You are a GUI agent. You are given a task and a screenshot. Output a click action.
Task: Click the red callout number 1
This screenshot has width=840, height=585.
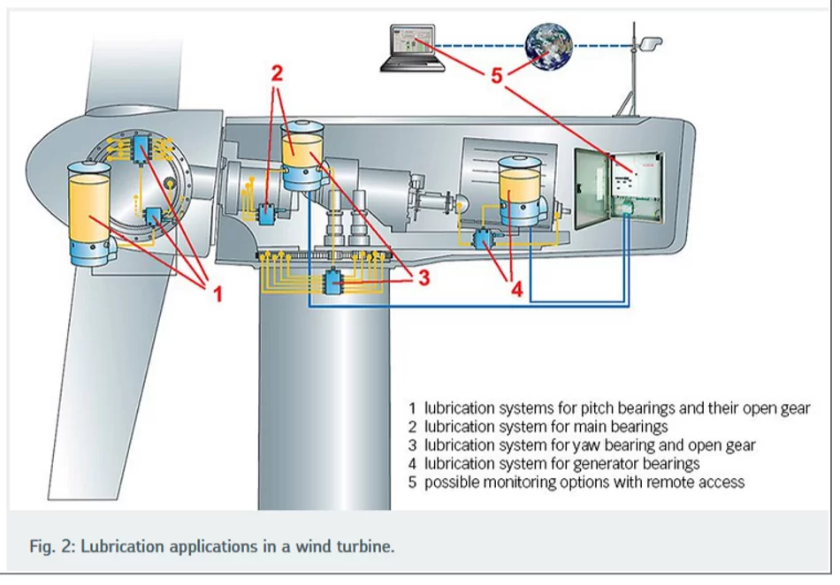coord(218,294)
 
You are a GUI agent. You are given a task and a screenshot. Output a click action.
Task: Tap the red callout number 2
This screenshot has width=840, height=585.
coord(277,73)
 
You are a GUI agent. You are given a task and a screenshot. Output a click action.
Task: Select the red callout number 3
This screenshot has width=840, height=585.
coord(424,277)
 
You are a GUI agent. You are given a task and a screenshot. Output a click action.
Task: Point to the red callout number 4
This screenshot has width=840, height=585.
coord(516,290)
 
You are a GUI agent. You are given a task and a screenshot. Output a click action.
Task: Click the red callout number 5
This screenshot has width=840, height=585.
coord(497,76)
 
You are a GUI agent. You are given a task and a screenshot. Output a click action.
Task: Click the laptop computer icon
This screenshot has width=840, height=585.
coord(413,48)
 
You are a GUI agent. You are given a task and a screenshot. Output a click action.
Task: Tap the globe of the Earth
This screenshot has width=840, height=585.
coord(548,46)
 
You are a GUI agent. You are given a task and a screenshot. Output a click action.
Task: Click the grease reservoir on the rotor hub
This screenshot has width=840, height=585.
coord(90,214)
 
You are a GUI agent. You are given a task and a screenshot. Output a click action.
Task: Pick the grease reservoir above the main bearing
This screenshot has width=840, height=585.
coord(302,156)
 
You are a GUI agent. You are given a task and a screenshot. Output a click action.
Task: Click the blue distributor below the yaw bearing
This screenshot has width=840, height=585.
coord(332,281)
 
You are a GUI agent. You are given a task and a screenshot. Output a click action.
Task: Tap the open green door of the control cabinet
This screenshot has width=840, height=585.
coord(592,189)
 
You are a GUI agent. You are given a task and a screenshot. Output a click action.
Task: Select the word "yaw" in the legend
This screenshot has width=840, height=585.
coord(585,445)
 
